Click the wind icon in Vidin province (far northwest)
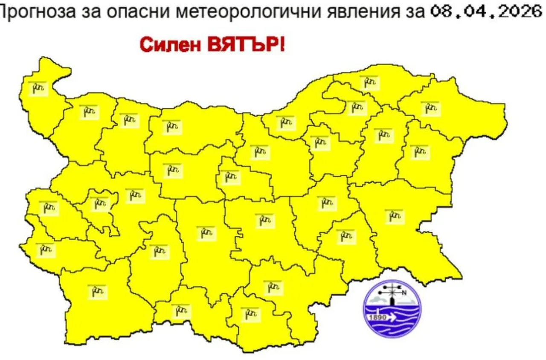click(x=38, y=88)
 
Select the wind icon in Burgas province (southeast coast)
click(x=394, y=216)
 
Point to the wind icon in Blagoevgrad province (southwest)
click(x=97, y=292)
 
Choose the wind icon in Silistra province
click(x=369, y=82)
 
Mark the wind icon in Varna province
click(x=420, y=152)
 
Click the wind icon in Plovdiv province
click(x=206, y=233)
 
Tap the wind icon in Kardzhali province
click(x=250, y=314)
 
